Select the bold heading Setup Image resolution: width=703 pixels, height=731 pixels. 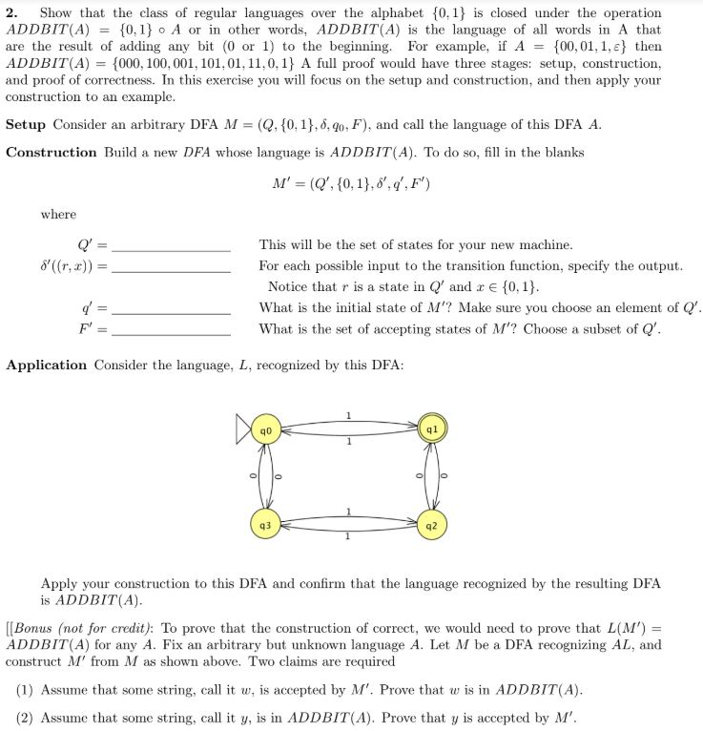[27, 125]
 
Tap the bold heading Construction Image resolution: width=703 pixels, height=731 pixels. [52, 153]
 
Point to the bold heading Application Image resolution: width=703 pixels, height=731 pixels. [47, 365]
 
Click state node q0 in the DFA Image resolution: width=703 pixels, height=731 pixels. [268, 431]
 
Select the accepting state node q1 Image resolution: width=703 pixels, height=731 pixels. [431, 430]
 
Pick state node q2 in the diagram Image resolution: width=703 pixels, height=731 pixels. [431, 525]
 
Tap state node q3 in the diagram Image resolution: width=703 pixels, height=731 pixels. [268, 525]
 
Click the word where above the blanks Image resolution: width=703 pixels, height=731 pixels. [58, 215]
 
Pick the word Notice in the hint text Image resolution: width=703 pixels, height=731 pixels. [288, 286]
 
